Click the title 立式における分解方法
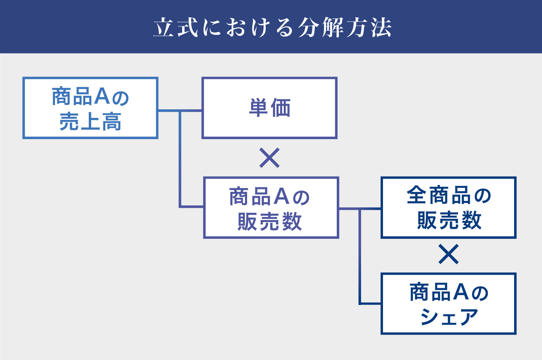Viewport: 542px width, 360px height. pyautogui.click(x=272, y=27)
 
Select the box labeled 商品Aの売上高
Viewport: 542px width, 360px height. pyautogui.click(x=90, y=108)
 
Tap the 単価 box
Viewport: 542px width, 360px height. pyautogui.click(x=269, y=108)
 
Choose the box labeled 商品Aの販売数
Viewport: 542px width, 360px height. pyautogui.click(x=271, y=208)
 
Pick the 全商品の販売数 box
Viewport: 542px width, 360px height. pyautogui.click(x=448, y=208)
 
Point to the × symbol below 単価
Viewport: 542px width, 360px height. pyautogui.click(x=269, y=158)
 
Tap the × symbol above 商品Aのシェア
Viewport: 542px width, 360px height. pyautogui.click(x=448, y=254)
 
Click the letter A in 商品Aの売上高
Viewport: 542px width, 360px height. pyautogui.click(x=102, y=96)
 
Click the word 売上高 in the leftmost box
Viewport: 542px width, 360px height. pyautogui.click(x=90, y=122)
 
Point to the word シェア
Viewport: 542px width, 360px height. pyautogui.click(x=449, y=317)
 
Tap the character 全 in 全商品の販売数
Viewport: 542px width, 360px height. pyautogui.click(x=416, y=196)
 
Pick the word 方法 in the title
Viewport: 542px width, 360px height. pyautogui.click(x=369, y=28)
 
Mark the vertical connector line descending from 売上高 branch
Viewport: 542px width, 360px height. pyautogui.click(x=180, y=159)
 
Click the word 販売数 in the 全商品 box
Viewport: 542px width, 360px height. pyautogui.click(x=449, y=220)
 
